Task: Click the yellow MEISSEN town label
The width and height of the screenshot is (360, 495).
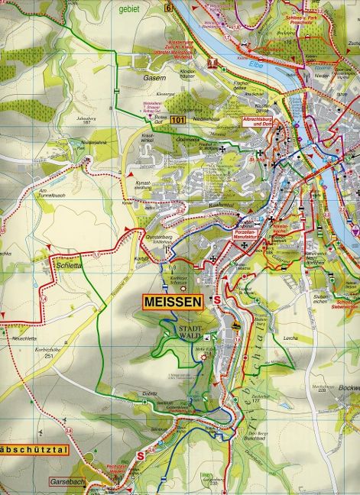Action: coord(174,302)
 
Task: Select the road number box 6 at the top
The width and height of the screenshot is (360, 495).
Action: coord(167,8)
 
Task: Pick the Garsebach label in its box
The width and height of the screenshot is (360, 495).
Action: coord(70,484)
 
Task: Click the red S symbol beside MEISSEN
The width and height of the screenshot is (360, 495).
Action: coord(217,299)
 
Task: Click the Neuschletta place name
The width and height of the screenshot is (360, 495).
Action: coord(23,338)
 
